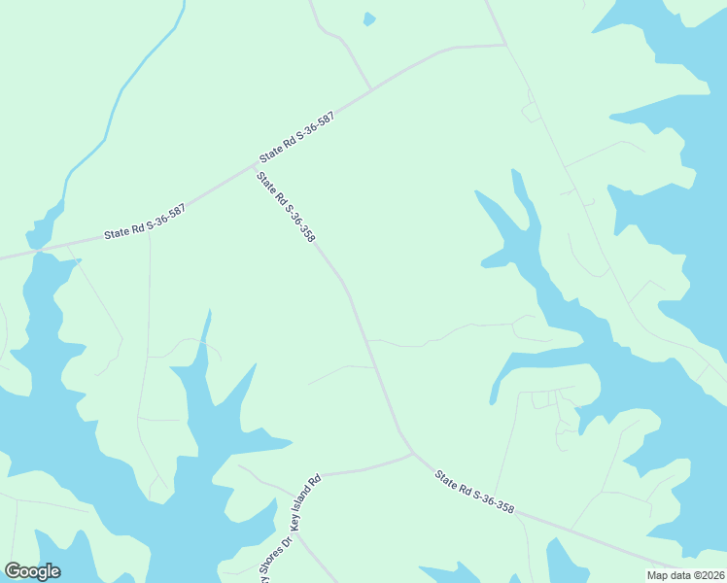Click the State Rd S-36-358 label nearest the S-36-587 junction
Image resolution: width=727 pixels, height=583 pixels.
(x=286, y=207)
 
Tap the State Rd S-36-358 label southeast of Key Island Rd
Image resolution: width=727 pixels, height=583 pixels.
(x=474, y=493)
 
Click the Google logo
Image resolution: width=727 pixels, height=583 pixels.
(x=32, y=571)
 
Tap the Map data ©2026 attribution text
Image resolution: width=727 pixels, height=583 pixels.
(x=686, y=575)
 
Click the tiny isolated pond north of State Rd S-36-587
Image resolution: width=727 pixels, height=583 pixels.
(x=368, y=18)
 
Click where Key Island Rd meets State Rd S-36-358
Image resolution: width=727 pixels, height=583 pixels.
(x=413, y=453)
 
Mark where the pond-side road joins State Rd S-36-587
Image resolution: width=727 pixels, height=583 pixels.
(x=370, y=90)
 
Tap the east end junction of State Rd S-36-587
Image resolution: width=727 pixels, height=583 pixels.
(x=505, y=45)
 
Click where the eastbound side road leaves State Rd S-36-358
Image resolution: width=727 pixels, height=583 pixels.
(x=367, y=340)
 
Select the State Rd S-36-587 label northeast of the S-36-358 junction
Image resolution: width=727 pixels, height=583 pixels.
(x=296, y=137)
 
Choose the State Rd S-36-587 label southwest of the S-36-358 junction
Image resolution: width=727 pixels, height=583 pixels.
(x=144, y=223)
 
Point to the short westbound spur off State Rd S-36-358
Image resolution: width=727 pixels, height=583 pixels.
(x=340, y=369)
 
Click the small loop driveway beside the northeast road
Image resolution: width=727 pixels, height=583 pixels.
(x=531, y=113)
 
